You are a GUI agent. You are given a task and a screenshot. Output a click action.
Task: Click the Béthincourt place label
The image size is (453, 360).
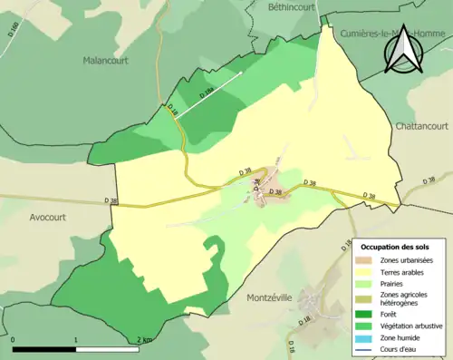click(x=289, y=6)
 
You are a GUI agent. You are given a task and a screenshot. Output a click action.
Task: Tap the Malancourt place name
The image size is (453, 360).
click(x=106, y=60)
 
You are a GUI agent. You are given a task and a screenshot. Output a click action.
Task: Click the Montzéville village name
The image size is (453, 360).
click(x=277, y=297)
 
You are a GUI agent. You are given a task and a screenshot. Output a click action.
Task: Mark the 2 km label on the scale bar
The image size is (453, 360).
click(x=143, y=339)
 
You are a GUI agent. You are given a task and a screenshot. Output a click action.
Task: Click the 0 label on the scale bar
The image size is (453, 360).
click(x=14, y=339)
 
